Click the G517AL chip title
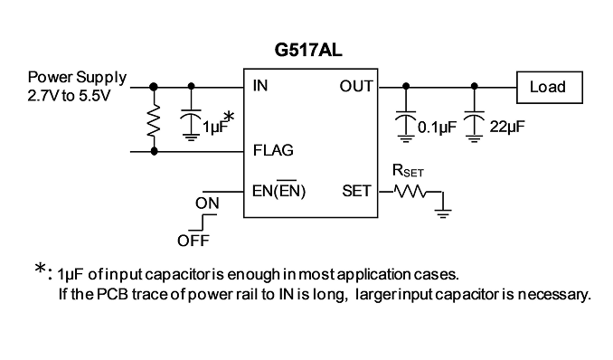(308, 50)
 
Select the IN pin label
(260, 85)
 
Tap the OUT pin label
(356, 86)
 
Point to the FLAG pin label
(273, 150)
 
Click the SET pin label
(356, 191)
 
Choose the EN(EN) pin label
(279, 190)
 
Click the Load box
(550, 87)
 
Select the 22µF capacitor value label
(507, 127)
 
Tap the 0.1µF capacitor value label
(437, 127)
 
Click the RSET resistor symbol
(410, 192)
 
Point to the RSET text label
(408, 171)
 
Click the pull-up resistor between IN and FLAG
(154, 120)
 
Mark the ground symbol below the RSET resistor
(442, 213)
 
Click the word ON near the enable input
(207, 204)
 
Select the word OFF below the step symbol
(193, 241)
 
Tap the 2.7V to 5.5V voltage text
(70, 96)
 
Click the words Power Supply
(77, 78)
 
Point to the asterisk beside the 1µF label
(229, 117)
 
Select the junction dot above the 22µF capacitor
(474, 86)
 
